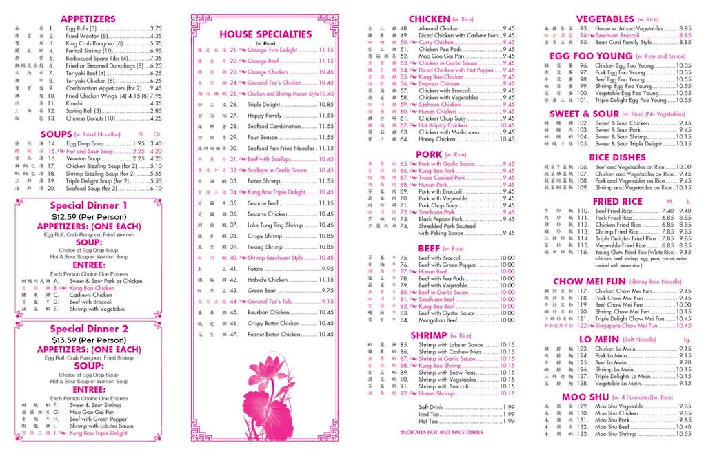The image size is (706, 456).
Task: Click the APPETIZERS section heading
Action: coord(88,19)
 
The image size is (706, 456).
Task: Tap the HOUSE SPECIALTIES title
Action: coord(265,34)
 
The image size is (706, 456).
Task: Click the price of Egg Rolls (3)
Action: coord(156,29)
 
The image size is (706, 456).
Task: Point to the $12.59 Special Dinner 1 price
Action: coord(88,216)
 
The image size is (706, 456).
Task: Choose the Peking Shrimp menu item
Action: coord(265,246)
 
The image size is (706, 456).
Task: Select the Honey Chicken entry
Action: coord(437,139)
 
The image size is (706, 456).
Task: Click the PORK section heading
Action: coord(430,154)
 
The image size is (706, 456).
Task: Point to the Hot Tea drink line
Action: coord(428,421)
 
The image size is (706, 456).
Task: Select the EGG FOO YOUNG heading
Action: coord(591,56)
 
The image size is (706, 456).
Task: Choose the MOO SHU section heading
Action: coord(584,397)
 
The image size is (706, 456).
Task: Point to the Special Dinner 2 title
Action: coord(88,329)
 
